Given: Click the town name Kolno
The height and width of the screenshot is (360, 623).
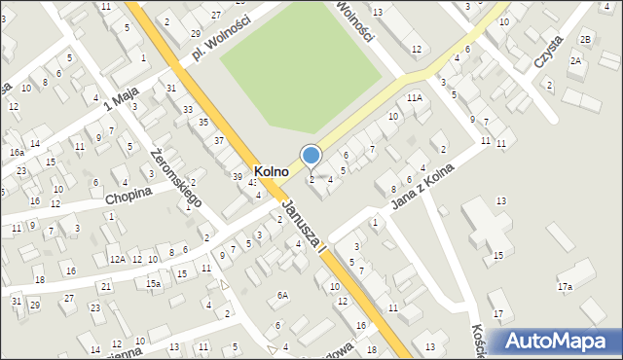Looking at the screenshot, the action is [x=266, y=170].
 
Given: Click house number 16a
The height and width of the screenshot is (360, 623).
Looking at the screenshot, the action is [x=18, y=153].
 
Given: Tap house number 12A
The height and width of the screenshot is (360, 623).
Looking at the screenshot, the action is [x=117, y=259].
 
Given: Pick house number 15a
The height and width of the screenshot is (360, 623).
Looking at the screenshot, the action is [x=153, y=283].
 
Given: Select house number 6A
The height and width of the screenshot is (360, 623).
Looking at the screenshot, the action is [x=282, y=295].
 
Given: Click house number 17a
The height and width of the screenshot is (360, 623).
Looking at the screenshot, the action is [x=565, y=287].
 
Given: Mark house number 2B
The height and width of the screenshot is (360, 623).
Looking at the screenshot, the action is [x=585, y=39].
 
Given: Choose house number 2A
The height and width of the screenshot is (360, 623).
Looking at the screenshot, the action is [x=575, y=61].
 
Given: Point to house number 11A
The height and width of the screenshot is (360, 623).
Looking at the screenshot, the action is [x=415, y=98].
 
